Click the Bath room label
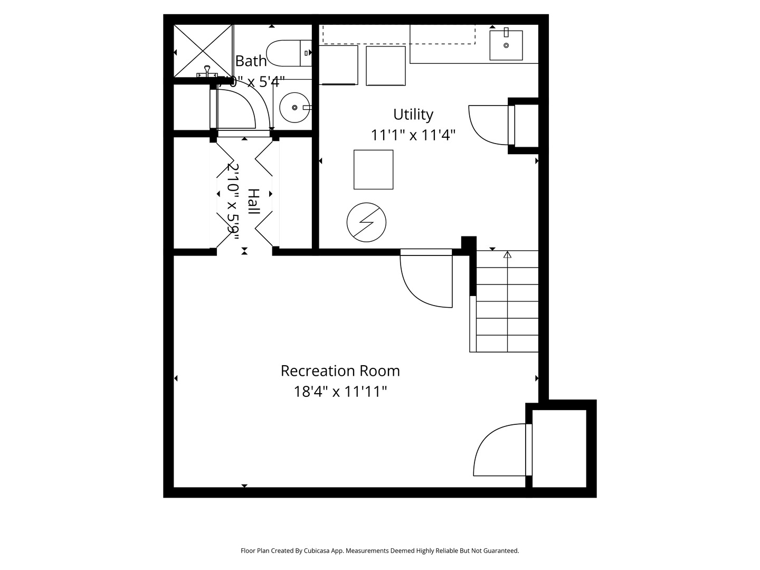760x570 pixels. [251, 61]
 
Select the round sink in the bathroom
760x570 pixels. [294, 107]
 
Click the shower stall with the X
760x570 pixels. [203, 51]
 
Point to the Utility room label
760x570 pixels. [413, 114]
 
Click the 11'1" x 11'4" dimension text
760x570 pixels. [413, 135]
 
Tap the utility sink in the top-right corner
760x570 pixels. [506, 45]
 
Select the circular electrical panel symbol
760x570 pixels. [366, 222]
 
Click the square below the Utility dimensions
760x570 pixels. [373, 169]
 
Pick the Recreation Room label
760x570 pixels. [340, 370]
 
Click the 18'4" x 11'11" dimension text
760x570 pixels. [340, 392]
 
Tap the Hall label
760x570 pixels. [254, 201]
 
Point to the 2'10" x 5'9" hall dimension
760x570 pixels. [233, 201]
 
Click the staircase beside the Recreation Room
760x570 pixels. [507, 306]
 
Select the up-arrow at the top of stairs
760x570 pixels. [507, 255]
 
